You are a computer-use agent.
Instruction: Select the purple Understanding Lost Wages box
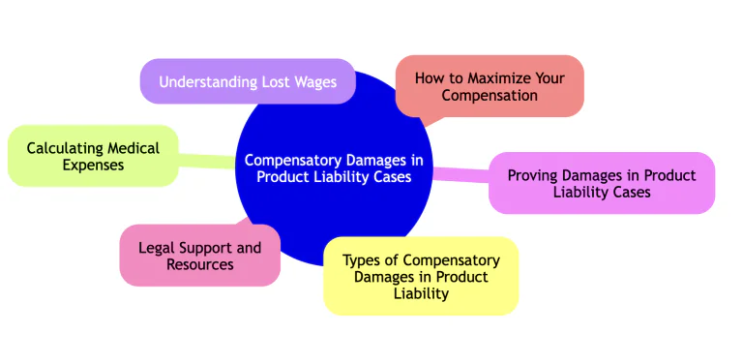tap(248, 82)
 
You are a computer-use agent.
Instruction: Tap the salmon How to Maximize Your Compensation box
tap(490, 86)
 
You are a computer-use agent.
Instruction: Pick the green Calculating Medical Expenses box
tap(93, 156)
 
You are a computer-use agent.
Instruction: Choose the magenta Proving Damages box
tap(602, 183)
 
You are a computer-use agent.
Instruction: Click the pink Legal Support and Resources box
tap(199, 256)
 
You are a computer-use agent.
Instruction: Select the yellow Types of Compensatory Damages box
tap(421, 276)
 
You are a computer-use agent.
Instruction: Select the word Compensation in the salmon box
tap(490, 96)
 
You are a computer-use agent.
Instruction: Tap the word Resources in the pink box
tap(199, 264)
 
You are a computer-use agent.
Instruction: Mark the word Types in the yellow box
tap(363, 259)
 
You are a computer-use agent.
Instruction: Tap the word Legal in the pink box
tap(156, 247)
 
